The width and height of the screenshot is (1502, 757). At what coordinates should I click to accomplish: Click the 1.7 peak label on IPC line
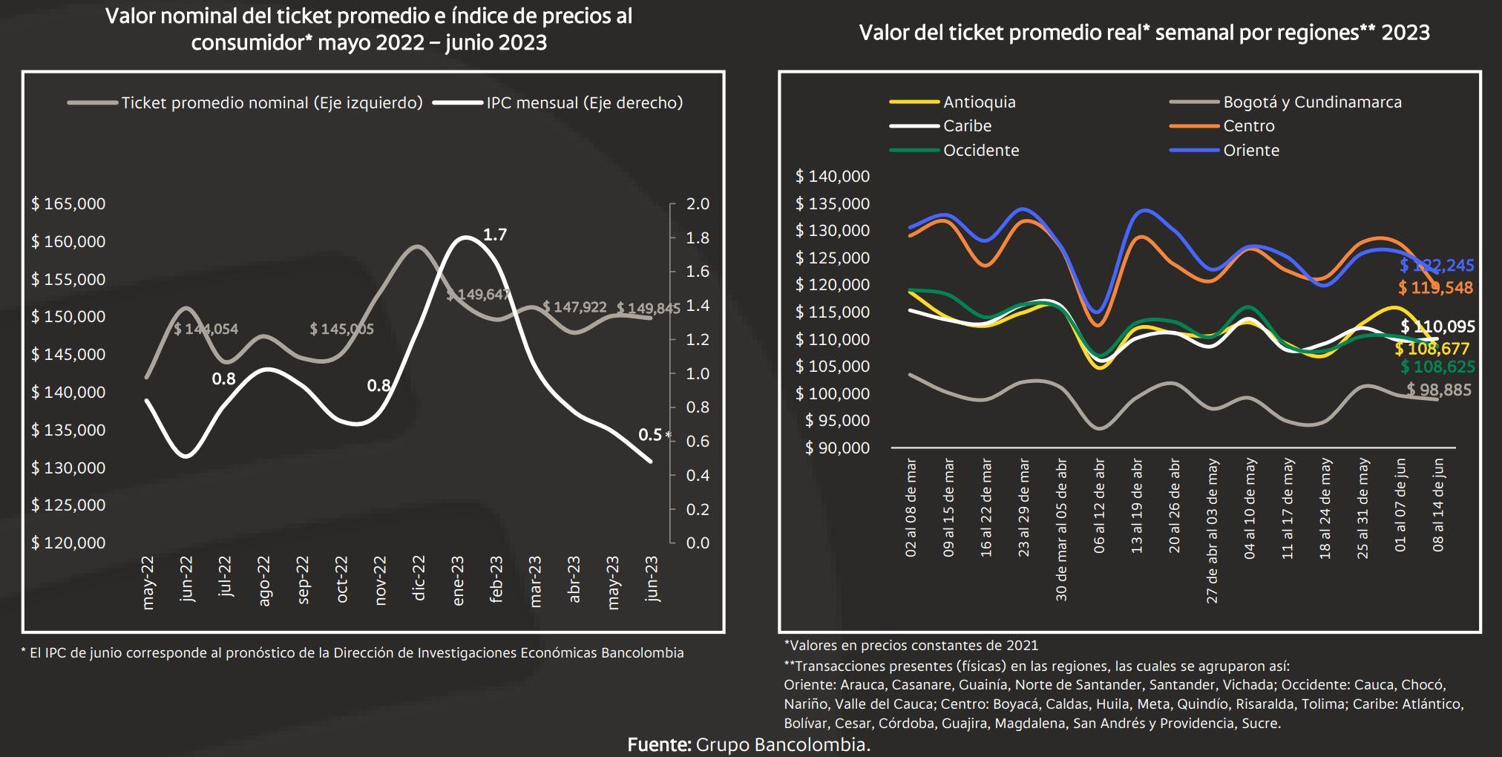click(x=494, y=235)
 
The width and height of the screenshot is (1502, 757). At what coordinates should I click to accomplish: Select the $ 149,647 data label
click(x=478, y=295)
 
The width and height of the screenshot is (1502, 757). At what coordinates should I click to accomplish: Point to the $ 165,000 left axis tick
click(x=68, y=203)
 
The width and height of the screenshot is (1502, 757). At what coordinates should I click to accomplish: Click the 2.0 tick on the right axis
click(x=698, y=203)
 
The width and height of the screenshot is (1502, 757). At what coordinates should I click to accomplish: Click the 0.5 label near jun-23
click(x=650, y=435)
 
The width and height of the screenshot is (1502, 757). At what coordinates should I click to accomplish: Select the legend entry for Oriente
click(x=1251, y=150)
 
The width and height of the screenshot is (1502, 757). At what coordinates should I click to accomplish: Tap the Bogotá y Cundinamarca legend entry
click(x=1312, y=102)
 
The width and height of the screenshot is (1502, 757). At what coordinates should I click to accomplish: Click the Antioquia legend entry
click(x=979, y=102)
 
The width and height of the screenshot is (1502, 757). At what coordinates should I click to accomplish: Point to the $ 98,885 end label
click(x=1439, y=390)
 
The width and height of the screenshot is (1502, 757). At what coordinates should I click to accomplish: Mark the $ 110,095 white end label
click(x=1437, y=327)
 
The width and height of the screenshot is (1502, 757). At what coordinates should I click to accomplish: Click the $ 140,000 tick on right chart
click(x=833, y=176)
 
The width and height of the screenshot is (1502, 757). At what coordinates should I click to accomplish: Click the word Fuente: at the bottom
click(x=659, y=744)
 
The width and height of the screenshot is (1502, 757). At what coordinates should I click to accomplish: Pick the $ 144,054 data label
click(x=206, y=329)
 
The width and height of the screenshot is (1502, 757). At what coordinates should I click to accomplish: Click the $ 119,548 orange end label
click(x=1435, y=288)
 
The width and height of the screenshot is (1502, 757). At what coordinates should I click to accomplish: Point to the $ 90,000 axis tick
click(x=837, y=448)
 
